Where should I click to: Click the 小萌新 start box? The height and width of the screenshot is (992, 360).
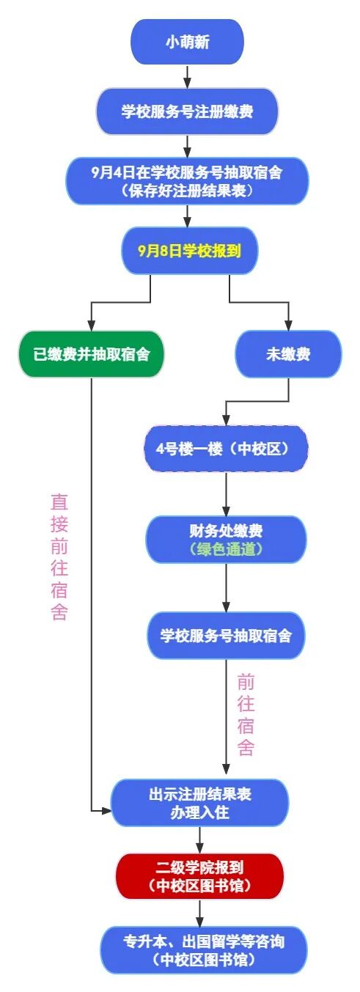(x=187, y=43)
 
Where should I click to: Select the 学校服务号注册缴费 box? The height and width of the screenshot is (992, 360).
(x=188, y=111)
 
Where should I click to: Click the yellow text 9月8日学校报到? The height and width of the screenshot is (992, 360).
(x=189, y=250)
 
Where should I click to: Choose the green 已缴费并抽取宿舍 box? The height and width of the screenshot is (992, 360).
(x=92, y=354)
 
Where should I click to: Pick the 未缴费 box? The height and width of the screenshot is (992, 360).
(x=288, y=354)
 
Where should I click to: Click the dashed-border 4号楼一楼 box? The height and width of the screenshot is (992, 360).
(x=225, y=449)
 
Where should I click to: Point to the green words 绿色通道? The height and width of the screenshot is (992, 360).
(x=225, y=549)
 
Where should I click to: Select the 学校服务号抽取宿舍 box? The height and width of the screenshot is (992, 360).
(x=225, y=635)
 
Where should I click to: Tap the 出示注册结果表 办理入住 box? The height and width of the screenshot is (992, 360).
(x=199, y=804)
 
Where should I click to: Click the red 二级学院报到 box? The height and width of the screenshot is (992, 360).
(x=199, y=875)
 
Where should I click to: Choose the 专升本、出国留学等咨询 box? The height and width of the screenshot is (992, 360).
(x=202, y=949)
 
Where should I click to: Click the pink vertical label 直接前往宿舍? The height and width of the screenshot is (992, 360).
(x=59, y=556)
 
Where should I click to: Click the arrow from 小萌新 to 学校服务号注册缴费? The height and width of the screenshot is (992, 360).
(x=188, y=76)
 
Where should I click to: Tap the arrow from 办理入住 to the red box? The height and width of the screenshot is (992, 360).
(x=199, y=840)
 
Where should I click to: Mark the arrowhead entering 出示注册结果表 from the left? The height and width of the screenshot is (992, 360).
(x=106, y=810)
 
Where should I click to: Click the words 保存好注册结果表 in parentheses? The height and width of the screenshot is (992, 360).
(x=188, y=191)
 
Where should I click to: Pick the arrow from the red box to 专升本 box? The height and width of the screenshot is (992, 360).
(x=199, y=913)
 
